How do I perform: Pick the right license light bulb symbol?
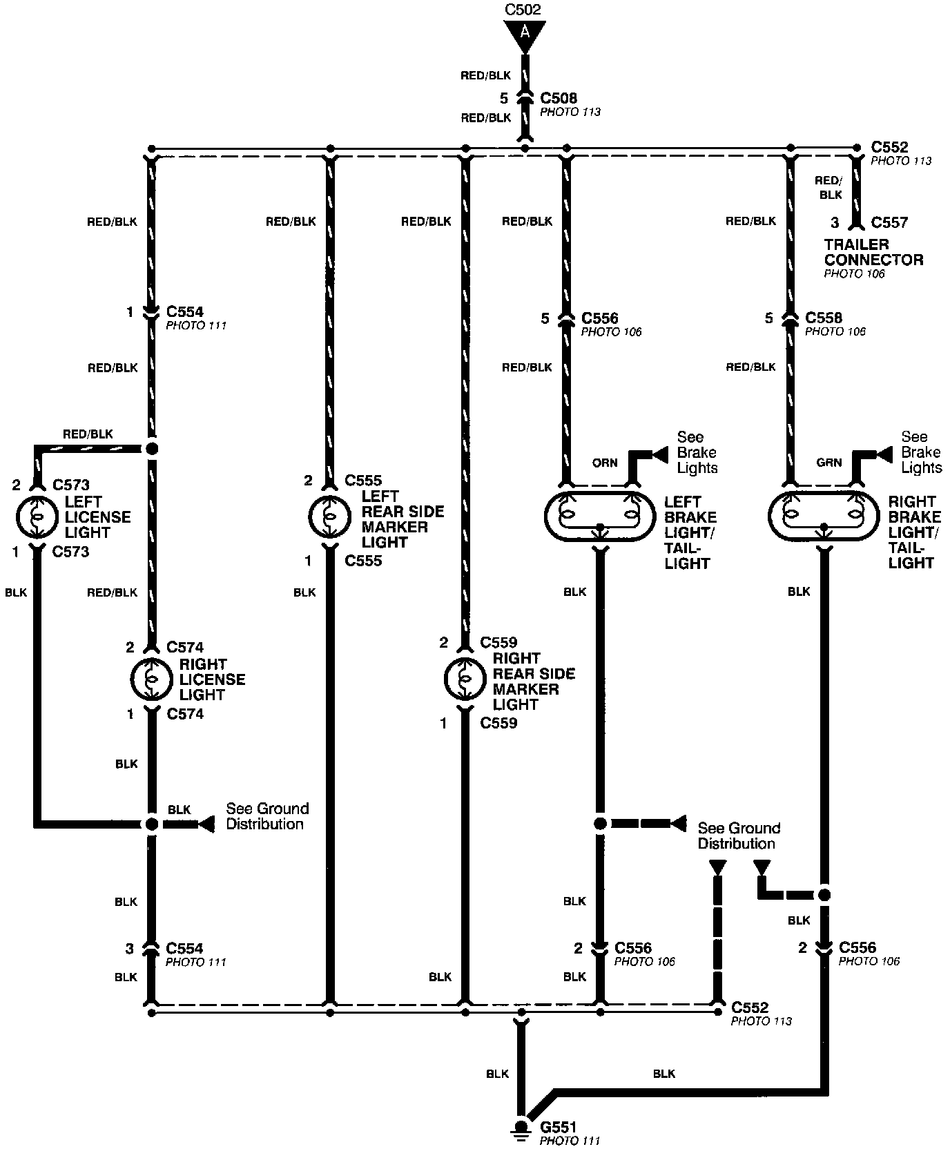pos(152,679)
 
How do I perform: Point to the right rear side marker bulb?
pos(465,680)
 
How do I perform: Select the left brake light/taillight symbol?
pos(599,516)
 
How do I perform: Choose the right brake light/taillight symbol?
pos(824,516)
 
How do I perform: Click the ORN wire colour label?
pos(605,463)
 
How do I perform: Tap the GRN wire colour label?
pos(829,463)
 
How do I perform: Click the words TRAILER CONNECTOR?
pos(873,252)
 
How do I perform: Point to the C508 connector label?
pos(559,99)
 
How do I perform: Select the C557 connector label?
pos(889,222)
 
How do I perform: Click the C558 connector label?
pos(824,318)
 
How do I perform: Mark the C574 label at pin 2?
pos(185,647)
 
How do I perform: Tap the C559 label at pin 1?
pos(498,723)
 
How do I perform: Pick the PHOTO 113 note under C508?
pos(570,112)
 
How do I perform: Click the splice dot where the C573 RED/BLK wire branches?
pos(152,449)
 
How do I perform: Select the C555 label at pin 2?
pos(363,481)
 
